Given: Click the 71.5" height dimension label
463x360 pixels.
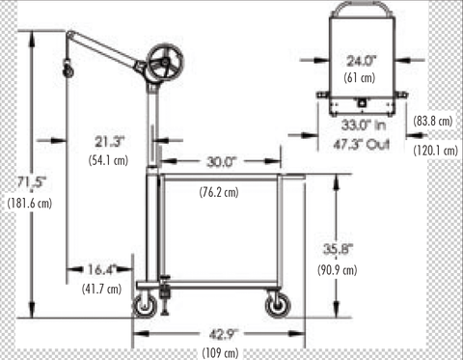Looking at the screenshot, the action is (x=32, y=182).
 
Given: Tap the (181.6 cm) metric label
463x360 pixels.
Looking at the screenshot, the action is (x=30, y=203).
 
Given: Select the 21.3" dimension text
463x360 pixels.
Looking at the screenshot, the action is (x=109, y=142).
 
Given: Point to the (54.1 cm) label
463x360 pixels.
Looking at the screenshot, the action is (x=108, y=160).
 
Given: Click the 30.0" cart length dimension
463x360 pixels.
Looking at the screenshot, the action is (x=222, y=161).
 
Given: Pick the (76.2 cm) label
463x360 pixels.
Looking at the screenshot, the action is (x=219, y=192).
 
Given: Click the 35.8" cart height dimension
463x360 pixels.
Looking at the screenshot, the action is (x=338, y=249).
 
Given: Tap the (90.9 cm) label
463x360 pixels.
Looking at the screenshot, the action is (x=338, y=269).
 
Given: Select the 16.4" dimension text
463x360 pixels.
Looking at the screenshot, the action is (x=101, y=269).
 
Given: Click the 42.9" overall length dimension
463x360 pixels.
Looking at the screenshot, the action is (x=223, y=335).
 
